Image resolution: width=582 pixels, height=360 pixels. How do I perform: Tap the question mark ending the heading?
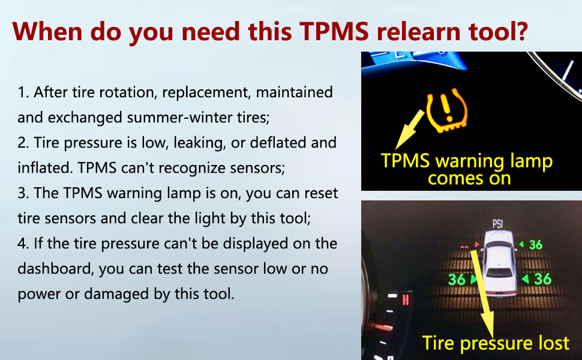[x=520, y=31]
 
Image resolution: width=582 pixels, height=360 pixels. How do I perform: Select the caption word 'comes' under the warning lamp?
[x=451, y=178]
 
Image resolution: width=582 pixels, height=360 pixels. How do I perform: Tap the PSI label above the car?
[x=497, y=224]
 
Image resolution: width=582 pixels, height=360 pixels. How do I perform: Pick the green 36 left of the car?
[x=457, y=280]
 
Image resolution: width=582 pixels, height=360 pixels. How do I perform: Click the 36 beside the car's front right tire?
[x=535, y=245]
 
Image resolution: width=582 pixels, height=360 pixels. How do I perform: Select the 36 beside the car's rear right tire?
[x=542, y=279]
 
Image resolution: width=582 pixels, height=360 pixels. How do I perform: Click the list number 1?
[x=23, y=92]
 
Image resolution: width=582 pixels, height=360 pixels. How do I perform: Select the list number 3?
[x=22, y=193]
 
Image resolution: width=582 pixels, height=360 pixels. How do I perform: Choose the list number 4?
[x=22, y=244]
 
